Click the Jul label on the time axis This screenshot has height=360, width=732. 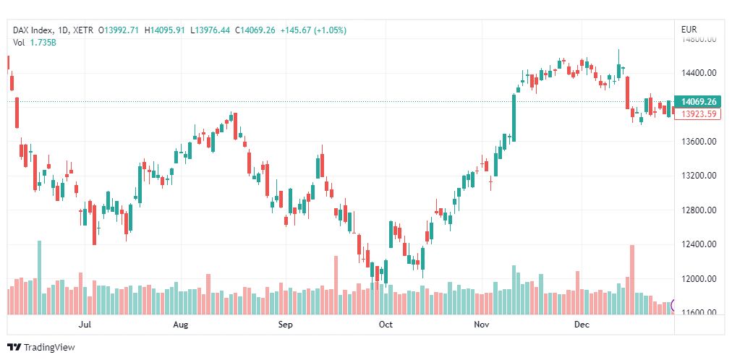coord(85,325)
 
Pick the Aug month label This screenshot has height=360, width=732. coord(181,325)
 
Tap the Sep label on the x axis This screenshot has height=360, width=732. coord(286,325)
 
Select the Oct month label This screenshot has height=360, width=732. coord(386,325)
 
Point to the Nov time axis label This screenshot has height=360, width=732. coord(482,325)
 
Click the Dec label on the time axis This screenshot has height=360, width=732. coord(582,325)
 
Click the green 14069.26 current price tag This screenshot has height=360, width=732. coord(698,102)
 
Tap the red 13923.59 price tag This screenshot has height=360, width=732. coord(698,114)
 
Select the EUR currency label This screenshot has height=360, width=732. coord(689,30)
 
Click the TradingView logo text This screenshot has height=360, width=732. coord(49,348)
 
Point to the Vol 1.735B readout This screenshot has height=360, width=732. coord(35,43)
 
